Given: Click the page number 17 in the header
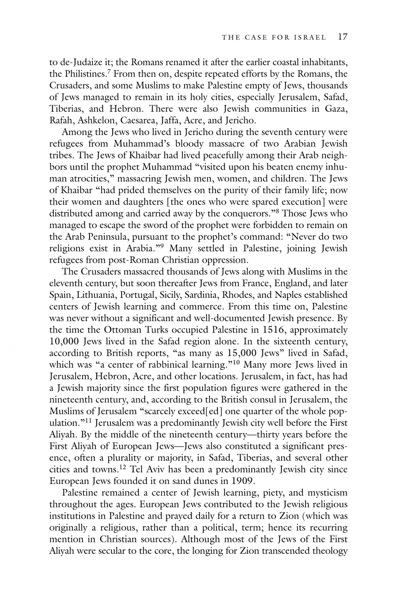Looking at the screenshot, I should coord(342,37).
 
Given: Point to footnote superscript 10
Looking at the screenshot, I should coord(237,362).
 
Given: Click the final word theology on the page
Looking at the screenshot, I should coord(330,551).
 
